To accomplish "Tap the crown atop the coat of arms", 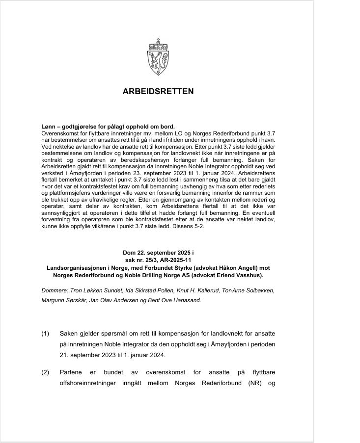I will click(158, 41).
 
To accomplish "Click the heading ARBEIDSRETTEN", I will click(158, 91).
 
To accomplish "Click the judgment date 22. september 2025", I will click(154, 252).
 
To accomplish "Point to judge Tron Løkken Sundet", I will click(96, 290).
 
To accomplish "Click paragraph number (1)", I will click(45, 334).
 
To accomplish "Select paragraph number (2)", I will click(45, 372).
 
